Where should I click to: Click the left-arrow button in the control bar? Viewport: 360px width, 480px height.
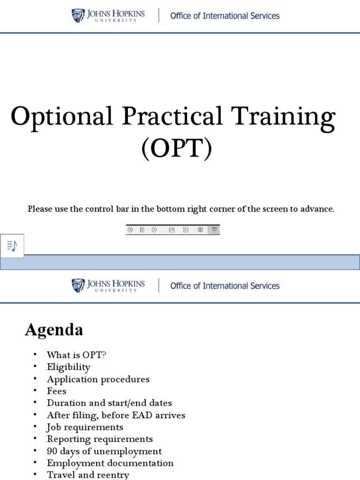click(x=130, y=230)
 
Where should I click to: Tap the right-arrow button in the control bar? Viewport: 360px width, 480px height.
click(x=154, y=230)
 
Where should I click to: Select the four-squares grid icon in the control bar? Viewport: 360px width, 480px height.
click(x=186, y=230)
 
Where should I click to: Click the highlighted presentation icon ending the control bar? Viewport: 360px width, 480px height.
click(x=214, y=230)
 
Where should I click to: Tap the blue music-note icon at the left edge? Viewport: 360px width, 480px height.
click(x=12, y=246)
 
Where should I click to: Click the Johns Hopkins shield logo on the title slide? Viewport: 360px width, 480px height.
click(x=78, y=15)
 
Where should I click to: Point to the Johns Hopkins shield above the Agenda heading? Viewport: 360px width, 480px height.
click(x=78, y=285)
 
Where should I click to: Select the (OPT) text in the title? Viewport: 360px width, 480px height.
click(x=177, y=149)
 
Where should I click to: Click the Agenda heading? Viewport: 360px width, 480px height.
click(x=54, y=330)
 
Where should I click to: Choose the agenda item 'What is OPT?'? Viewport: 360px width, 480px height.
click(x=76, y=355)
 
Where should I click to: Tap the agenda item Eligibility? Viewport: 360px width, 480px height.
click(x=68, y=367)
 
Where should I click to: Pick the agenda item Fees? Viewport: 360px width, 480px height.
click(x=57, y=391)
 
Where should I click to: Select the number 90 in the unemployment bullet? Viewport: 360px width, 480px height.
click(x=52, y=451)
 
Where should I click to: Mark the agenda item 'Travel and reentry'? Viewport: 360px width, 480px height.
click(x=88, y=475)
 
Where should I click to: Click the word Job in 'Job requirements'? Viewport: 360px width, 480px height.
click(x=53, y=427)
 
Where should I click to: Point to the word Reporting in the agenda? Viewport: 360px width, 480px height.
click(x=66, y=439)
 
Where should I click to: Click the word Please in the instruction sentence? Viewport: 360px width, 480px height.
click(x=40, y=209)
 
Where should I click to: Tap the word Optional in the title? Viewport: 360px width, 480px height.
click(x=62, y=116)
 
